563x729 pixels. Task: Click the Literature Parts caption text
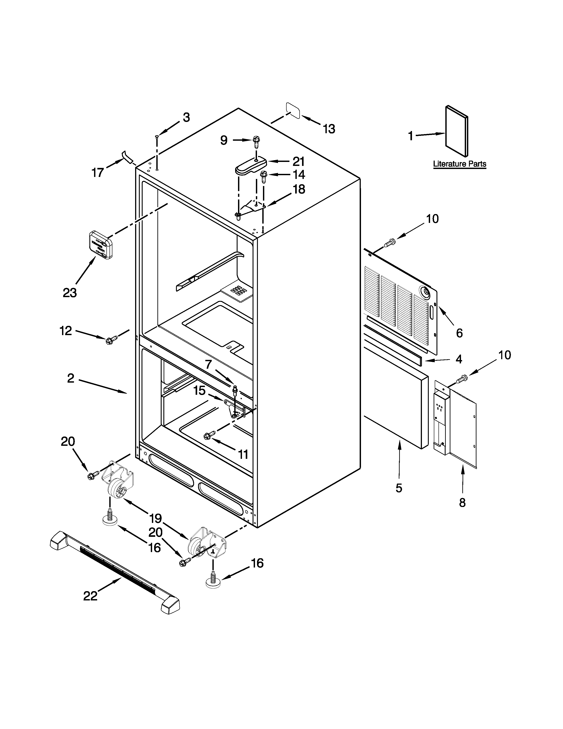click(459, 164)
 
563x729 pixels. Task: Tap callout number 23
click(70, 293)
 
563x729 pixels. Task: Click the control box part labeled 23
click(100, 244)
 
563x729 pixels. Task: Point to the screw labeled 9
click(256, 142)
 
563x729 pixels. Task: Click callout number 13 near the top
click(329, 129)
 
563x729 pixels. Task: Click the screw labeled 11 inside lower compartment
click(209, 436)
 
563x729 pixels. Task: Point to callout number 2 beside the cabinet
click(71, 378)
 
